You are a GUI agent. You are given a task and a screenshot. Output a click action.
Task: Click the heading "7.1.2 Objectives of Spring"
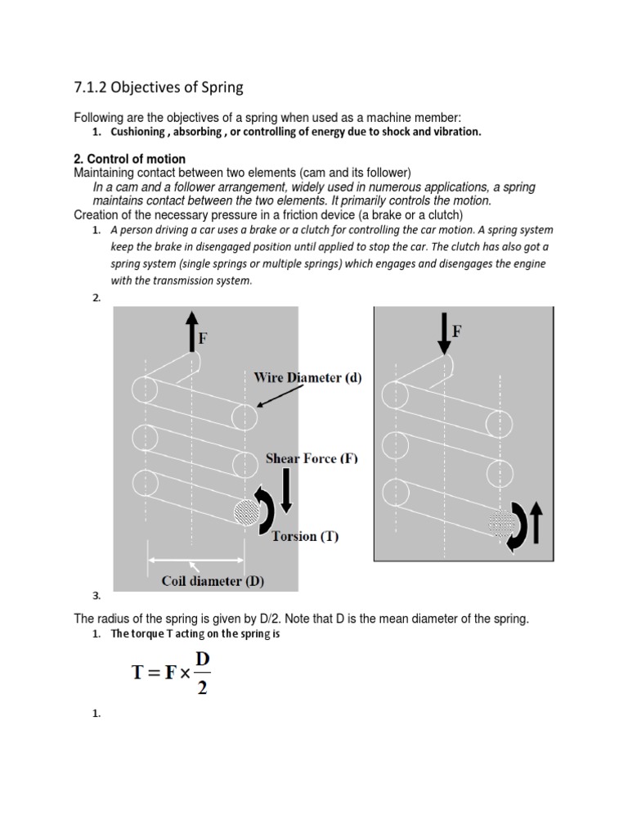[159, 88]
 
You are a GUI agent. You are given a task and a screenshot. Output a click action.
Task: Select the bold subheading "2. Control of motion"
[129, 159]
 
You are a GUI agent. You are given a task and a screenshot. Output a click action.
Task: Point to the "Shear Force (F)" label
[312, 458]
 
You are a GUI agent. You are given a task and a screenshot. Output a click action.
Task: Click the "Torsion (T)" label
[304, 537]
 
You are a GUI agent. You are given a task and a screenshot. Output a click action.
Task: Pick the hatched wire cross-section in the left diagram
[245, 513]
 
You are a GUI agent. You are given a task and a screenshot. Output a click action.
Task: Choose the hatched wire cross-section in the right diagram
[501, 521]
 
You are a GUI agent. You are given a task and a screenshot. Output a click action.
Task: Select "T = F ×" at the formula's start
[162, 673]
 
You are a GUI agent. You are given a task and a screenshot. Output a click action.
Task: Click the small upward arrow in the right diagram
[536, 522]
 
